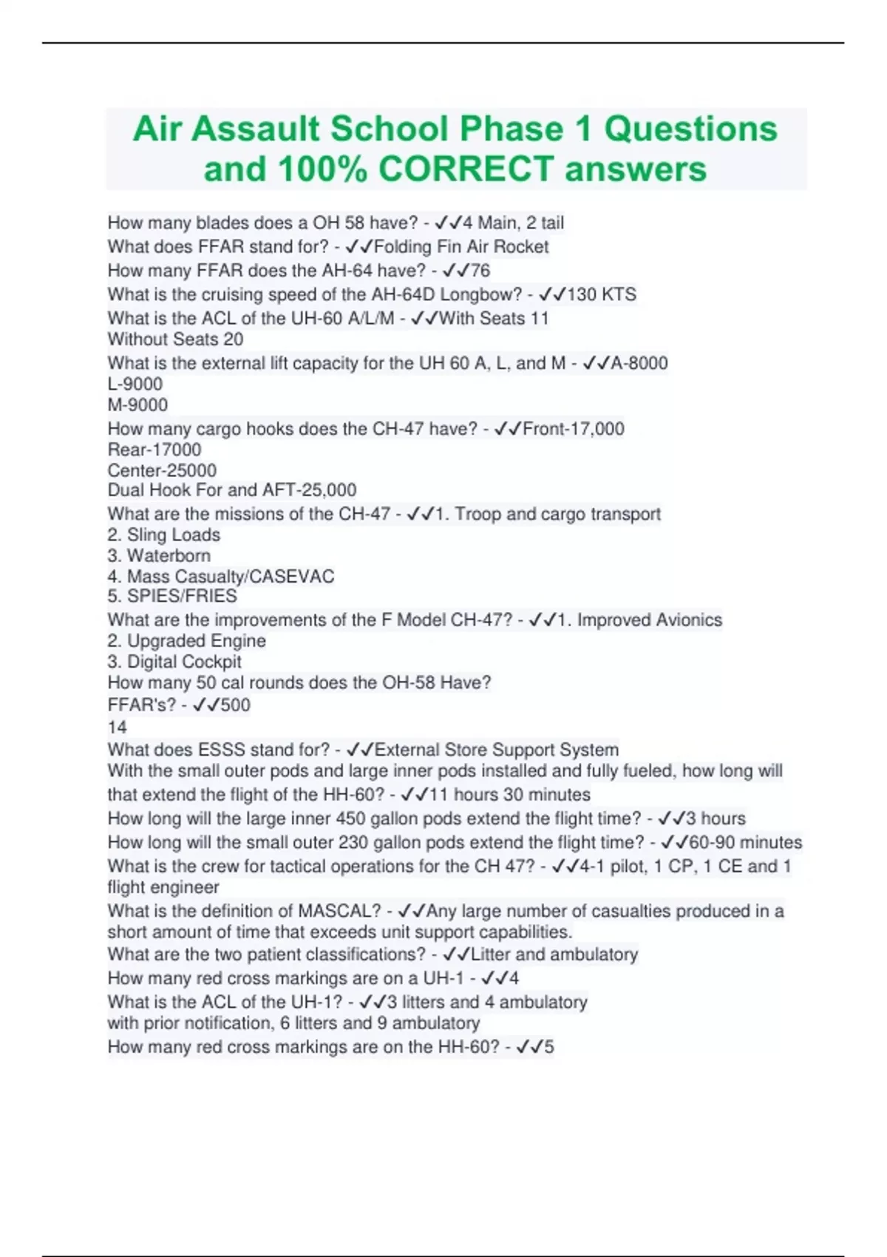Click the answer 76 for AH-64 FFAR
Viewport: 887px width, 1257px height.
(x=480, y=271)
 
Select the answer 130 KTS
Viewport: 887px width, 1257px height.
(x=601, y=294)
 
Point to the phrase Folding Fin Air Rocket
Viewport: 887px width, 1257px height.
(x=461, y=247)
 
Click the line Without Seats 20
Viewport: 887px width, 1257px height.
(x=175, y=339)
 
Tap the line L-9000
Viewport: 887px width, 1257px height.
(x=135, y=384)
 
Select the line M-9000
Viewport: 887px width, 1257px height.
(x=137, y=404)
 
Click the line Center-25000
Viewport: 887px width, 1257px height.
(x=162, y=470)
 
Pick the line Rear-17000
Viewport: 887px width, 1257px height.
(x=154, y=450)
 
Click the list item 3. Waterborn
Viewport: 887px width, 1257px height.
(x=159, y=555)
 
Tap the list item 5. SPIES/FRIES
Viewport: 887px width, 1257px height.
(x=172, y=596)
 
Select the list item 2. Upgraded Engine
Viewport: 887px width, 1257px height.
(x=186, y=641)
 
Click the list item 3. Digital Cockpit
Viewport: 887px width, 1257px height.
(x=174, y=662)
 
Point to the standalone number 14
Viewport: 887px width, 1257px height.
(x=117, y=727)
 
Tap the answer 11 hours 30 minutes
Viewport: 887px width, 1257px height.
(x=509, y=795)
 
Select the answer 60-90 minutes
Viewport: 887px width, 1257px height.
(x=745, y=842)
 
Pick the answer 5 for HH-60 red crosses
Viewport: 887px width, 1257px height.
(x=548, y=1047)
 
